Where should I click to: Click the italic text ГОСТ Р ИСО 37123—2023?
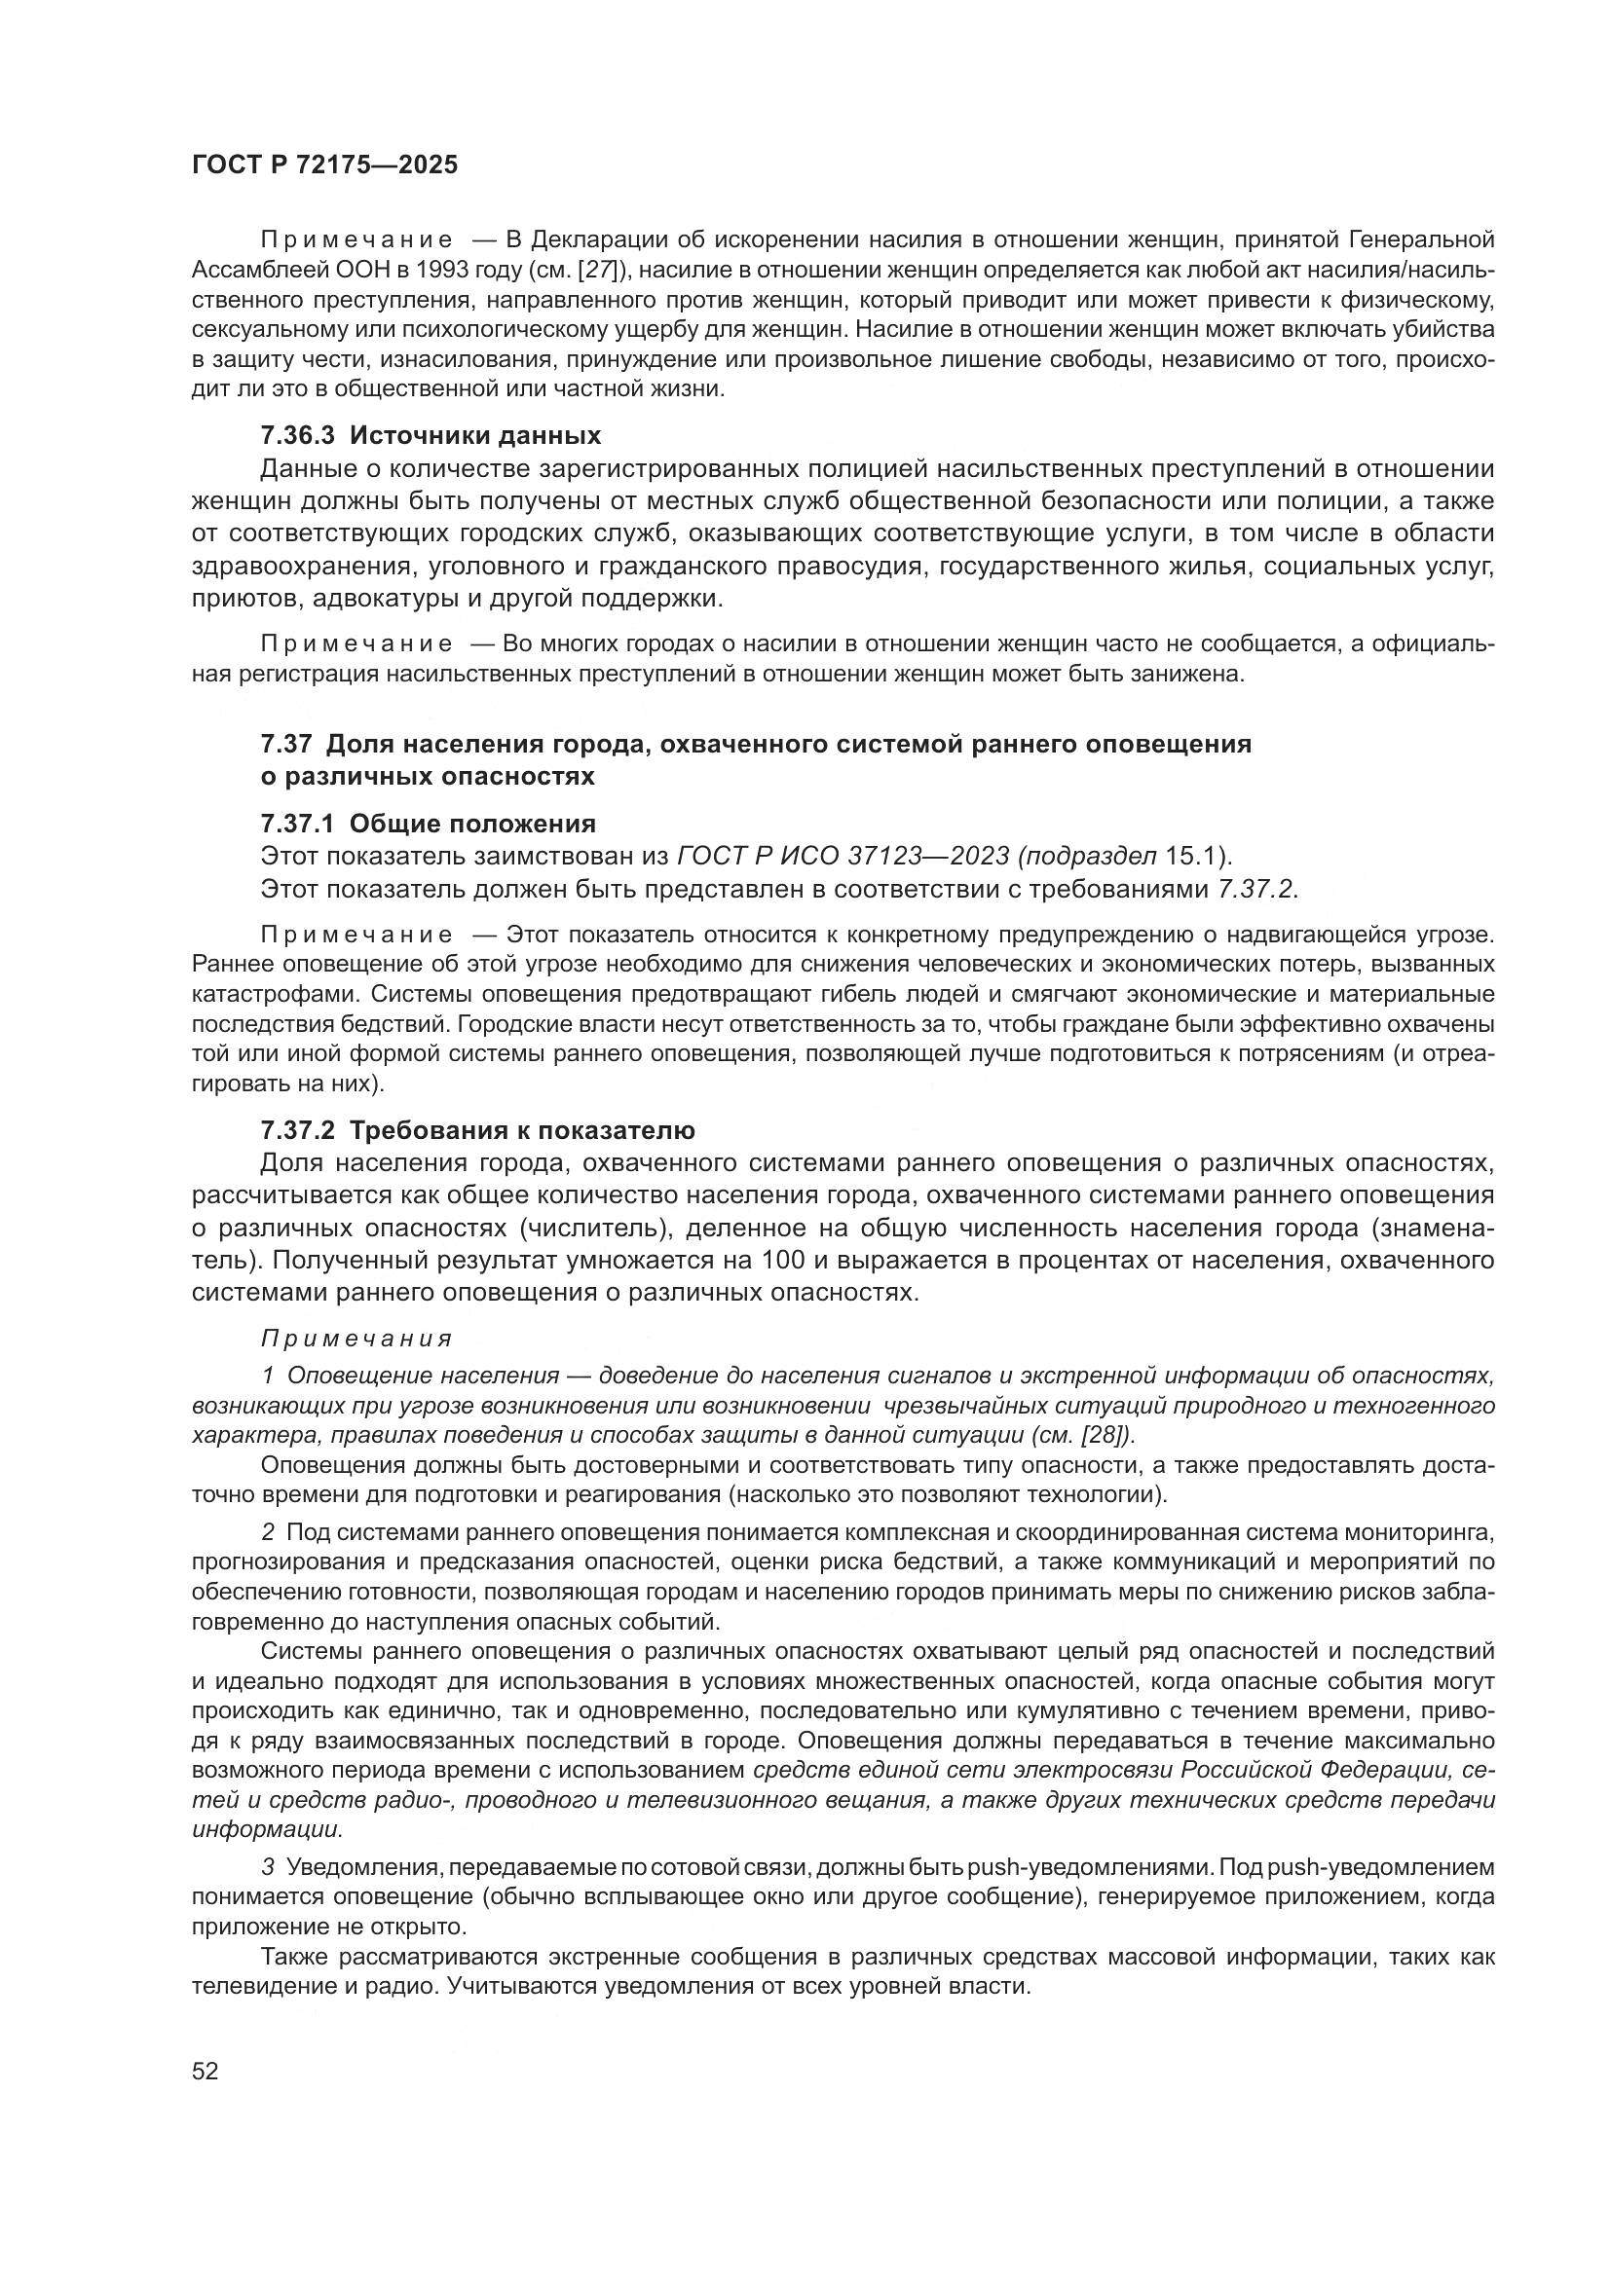843,857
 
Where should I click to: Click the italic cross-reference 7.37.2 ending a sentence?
1255,890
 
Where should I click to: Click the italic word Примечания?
356,1339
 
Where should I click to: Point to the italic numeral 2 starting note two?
268,1532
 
